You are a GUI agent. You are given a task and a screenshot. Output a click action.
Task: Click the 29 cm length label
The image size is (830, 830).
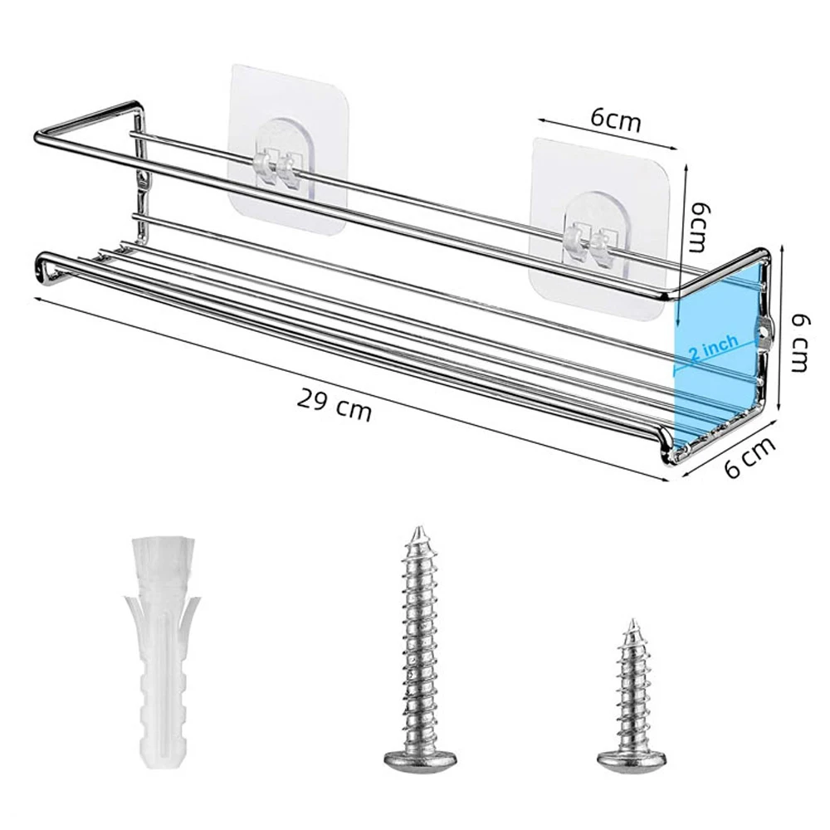tap(334, 405)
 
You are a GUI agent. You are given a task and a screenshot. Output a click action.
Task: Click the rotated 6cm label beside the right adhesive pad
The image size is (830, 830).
tap(701, 226)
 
